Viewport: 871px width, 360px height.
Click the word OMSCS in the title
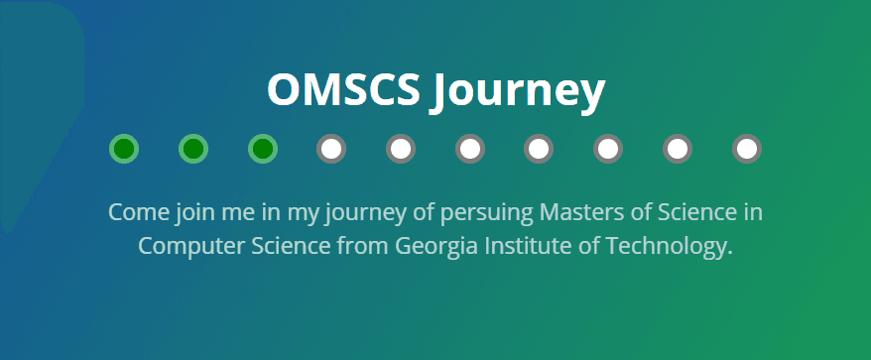coord(343,89)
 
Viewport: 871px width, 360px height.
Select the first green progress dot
coord(124,149)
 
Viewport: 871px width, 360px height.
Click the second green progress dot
coord(193,149)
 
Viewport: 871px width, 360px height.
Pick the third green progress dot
coord(263,149)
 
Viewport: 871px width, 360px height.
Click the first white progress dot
coord(331,149)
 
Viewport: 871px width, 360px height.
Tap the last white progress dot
coord(747,149)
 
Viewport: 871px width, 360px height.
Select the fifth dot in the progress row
coord(401,149)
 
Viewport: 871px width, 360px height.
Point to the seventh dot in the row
coord(539,149)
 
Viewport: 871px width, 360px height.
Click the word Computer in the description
coord(191,247)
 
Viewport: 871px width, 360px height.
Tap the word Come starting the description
coord(139,212)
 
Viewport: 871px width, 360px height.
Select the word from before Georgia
coord(363,246)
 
